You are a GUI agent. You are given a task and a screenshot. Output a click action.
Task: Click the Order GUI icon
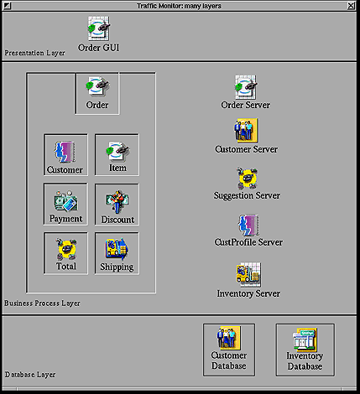99,29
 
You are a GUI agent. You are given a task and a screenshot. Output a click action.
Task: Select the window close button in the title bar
352,6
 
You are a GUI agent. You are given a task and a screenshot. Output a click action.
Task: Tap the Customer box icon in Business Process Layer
65,152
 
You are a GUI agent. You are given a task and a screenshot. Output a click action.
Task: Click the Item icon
117,152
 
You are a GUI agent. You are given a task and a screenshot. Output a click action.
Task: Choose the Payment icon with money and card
65,201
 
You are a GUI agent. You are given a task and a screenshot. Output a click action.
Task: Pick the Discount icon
117,202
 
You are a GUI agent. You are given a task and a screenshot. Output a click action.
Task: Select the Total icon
66,249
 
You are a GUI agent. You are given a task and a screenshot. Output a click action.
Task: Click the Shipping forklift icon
117,248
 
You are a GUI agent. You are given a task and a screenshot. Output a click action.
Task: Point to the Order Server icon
246,87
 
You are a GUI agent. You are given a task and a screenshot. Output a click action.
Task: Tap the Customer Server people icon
246,131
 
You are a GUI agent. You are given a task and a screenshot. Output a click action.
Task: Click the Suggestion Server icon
247,178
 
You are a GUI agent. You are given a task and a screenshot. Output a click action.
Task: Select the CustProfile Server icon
248,226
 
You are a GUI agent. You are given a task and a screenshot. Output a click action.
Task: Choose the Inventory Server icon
248,275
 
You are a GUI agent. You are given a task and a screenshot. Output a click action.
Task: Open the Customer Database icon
228,338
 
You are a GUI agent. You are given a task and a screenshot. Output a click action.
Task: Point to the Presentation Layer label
34,53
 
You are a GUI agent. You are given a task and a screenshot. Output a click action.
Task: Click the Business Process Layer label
42,303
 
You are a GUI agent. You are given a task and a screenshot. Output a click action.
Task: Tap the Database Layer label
30,375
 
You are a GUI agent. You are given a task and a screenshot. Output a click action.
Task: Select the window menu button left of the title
8,6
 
